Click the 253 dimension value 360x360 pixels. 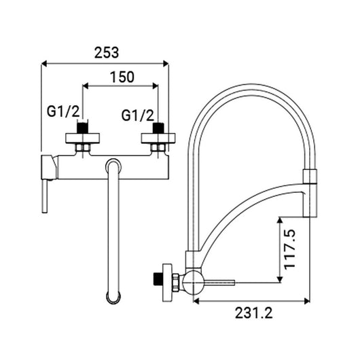(x=107, y=52)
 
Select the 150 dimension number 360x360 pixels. (x=122, y=77)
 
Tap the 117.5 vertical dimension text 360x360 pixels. (x=289, y=249)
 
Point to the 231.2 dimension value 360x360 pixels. (x=254, y=312)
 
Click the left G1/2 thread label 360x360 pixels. (x=63, y=111)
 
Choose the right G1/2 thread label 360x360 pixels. (x=137, y=115)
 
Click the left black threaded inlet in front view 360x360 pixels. (x=83, y=128)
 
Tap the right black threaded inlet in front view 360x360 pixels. (x=158, y=128)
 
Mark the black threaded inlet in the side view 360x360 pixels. (x=158, y=278)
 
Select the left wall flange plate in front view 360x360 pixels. (x=83, y=138)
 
